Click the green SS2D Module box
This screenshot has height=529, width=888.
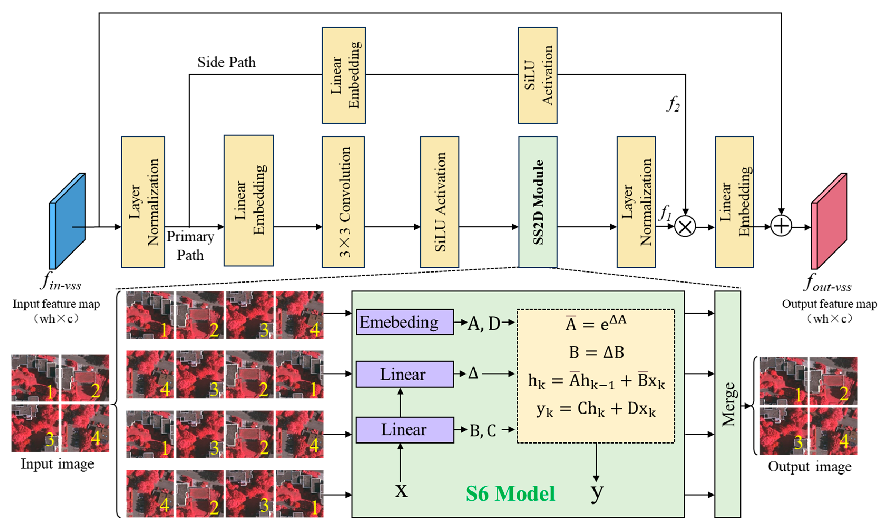537,202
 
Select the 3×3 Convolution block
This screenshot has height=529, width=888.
343,202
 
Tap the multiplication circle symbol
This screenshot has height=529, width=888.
685,226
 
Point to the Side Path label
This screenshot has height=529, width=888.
227,62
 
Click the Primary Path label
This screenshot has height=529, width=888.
190,246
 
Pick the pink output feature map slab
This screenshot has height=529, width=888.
829,221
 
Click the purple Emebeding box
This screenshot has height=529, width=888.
405,322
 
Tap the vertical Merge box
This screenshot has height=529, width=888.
727,404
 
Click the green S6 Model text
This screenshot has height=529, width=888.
510,494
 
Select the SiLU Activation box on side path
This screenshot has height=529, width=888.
537,75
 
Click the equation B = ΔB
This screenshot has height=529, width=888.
596,352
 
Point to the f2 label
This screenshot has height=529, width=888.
673,104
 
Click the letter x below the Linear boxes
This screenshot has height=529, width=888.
401,490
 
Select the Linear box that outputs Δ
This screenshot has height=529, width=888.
404,374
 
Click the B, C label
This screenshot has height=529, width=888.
483,430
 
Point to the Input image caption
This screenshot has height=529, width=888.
57,464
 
